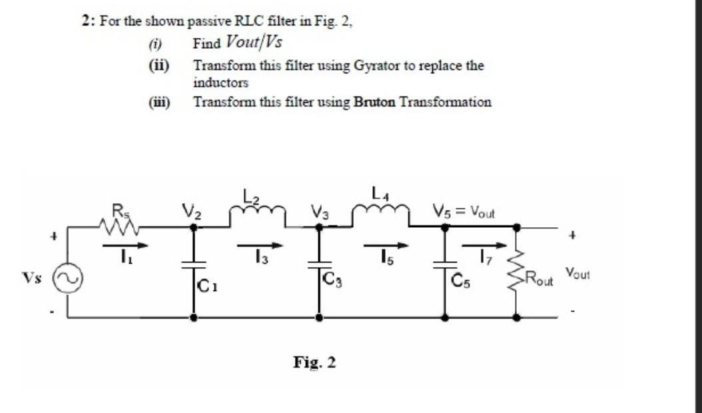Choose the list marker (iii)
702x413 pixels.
[x=159, y=102]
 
